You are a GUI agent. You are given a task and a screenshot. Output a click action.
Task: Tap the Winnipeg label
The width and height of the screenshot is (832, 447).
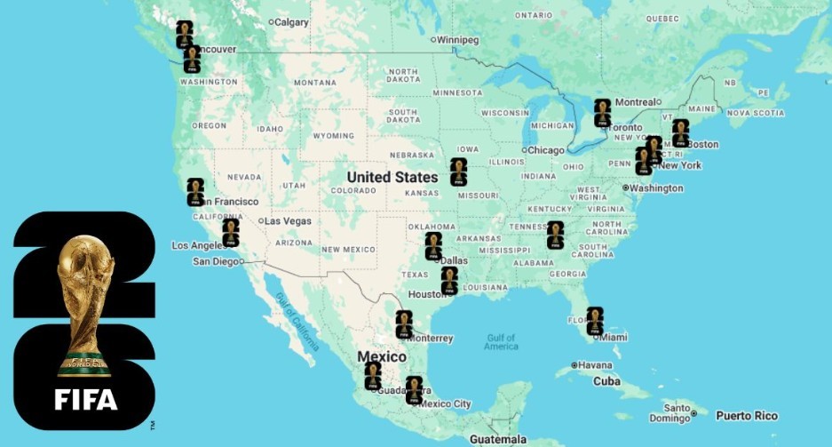(459, 40)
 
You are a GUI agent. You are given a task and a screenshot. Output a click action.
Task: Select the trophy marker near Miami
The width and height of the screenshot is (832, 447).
(595, 321)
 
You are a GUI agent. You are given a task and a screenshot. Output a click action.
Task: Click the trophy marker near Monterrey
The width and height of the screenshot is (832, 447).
(404, 324)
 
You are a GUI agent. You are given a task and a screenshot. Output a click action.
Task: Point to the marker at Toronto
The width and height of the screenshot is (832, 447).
(603, 113)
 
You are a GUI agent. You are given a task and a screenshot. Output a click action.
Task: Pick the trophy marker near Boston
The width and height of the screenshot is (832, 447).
(681, 132)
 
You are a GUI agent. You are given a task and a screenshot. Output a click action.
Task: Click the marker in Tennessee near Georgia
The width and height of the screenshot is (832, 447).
(556, 235)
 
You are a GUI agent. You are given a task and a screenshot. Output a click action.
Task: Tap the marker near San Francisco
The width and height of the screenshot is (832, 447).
(195, 192)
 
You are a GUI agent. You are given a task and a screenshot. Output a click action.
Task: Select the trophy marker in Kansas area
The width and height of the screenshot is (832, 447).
(458, 172)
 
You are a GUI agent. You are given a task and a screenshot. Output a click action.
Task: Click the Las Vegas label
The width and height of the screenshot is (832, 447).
(287, 221)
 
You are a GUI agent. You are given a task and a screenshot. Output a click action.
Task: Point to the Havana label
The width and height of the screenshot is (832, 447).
(596, 365)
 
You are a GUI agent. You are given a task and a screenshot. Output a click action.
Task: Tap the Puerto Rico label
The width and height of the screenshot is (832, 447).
(747, 416)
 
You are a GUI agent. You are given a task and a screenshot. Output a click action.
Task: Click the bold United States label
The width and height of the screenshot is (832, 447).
(392, 177)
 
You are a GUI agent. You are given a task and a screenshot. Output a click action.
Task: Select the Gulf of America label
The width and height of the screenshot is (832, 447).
(501, 342)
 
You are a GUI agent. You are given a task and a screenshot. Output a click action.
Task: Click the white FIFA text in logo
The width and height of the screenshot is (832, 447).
(86, 400)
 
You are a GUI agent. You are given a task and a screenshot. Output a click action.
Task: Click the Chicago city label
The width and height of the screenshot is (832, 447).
(547, 150)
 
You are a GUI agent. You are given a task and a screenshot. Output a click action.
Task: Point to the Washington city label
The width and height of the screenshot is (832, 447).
(656, 188)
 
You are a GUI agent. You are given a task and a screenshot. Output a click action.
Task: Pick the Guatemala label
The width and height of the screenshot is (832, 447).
(498, 439)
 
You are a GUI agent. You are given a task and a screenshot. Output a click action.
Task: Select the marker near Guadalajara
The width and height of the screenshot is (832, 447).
(373, 375)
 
